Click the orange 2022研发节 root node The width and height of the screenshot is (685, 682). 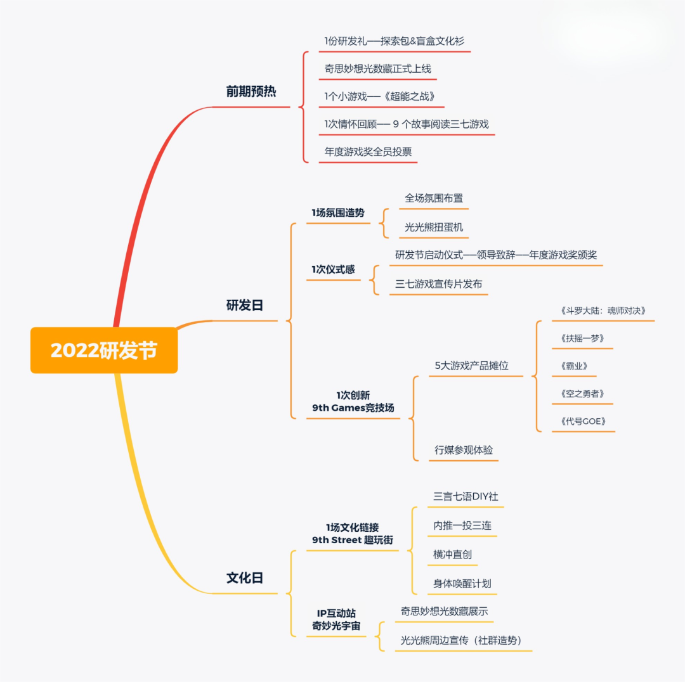(104, 350)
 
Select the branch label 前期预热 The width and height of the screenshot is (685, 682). (251, 91)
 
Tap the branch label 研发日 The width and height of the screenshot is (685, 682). (245, 306)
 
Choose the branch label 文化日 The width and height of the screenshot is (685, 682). (245, 578)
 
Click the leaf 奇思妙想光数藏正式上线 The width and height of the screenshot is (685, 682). (378, 68)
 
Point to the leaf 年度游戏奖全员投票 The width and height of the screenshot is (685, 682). (368, 152)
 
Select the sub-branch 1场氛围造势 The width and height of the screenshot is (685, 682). (338, 213)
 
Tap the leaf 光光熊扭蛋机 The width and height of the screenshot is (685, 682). (434, 227)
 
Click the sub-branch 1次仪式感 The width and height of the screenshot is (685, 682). (333, 269)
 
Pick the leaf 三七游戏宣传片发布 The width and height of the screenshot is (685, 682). (438, 285)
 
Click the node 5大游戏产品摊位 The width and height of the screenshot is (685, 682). (471, 366)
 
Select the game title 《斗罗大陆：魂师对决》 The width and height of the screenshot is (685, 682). (603, 311)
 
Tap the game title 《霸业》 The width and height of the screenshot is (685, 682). (574, 366)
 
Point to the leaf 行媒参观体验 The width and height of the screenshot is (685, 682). (464, 450)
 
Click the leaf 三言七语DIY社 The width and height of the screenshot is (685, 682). (466, 496)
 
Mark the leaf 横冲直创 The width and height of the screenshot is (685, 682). (452, 555)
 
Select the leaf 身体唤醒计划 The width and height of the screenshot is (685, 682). (462, 584)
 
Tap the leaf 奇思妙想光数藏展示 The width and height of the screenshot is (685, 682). (444, 612)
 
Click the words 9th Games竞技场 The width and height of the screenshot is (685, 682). (353, 408)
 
